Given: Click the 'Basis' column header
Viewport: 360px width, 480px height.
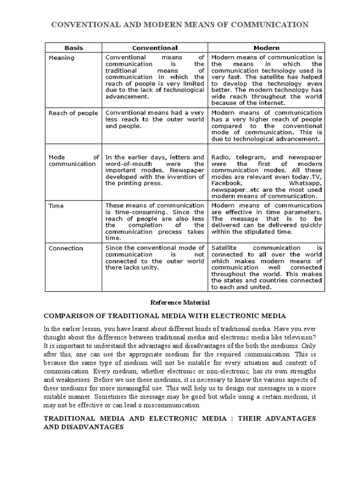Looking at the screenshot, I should pos(74,48).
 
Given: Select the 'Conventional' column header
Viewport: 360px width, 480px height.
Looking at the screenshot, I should pos(155,48).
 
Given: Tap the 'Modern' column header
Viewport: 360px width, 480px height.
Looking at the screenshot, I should pos(266,48).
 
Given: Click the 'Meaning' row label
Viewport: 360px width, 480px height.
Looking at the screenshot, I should pos(62,58).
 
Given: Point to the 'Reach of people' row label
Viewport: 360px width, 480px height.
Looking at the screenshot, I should pos(74,113).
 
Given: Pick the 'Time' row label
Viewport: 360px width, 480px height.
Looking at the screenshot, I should pos(57,206).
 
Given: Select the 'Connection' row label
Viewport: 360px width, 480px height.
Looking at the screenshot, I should pos(66,248).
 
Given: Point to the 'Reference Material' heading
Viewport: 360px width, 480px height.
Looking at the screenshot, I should pos(180,303).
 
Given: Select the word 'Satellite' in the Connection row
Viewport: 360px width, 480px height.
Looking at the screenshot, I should pos(226,247).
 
